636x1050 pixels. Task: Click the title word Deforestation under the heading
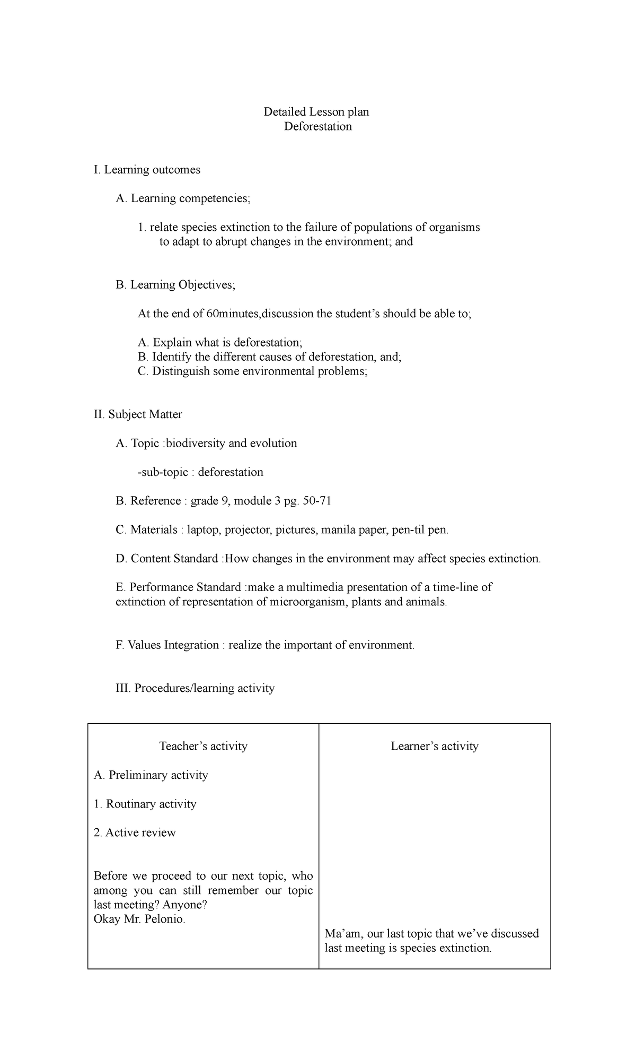point(317,126)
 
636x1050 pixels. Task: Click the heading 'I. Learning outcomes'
point(147,170)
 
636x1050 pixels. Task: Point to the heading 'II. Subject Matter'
point(138,414)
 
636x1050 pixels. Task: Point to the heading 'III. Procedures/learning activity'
point(195,688)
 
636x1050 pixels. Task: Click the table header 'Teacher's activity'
point(204,746)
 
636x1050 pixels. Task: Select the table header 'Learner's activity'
point(435,746)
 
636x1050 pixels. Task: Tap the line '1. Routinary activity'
point(145,804)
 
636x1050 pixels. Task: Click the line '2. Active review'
point(135,832)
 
